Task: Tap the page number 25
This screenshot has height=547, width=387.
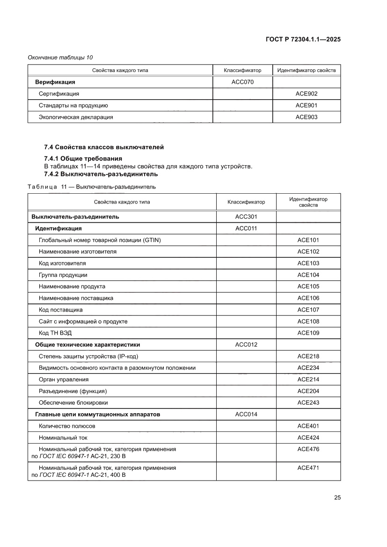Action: tap(337, 497)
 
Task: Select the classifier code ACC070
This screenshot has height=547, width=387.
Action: tap(242, 82)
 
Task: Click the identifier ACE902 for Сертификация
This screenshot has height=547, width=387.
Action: tap(306, 94)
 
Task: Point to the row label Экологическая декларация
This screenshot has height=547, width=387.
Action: tap(76, 117)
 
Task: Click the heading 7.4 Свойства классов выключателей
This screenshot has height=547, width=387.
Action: tap(104, 147)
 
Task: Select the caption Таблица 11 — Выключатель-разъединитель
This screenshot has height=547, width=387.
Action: tap(92, 187)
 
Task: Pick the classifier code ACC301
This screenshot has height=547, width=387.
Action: tap(246, 217)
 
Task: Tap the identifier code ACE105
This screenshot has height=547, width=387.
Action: tap(308, 286)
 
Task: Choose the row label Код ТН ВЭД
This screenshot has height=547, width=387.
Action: tap(55, 333)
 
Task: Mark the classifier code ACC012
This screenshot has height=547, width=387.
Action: tap(246, 345)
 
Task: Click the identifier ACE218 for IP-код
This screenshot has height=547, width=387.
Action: tap(308, 357)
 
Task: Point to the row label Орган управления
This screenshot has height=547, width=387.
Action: tap(64, 379)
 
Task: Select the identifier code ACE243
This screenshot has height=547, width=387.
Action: tap(308, 402)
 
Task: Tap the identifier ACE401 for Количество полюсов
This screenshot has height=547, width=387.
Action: tap(308, 426)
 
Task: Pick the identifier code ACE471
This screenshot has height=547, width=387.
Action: tap(308, 467)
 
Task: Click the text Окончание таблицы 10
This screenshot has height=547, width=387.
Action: tap(60, 58)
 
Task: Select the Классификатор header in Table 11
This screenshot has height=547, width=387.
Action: tap(246, 202)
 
